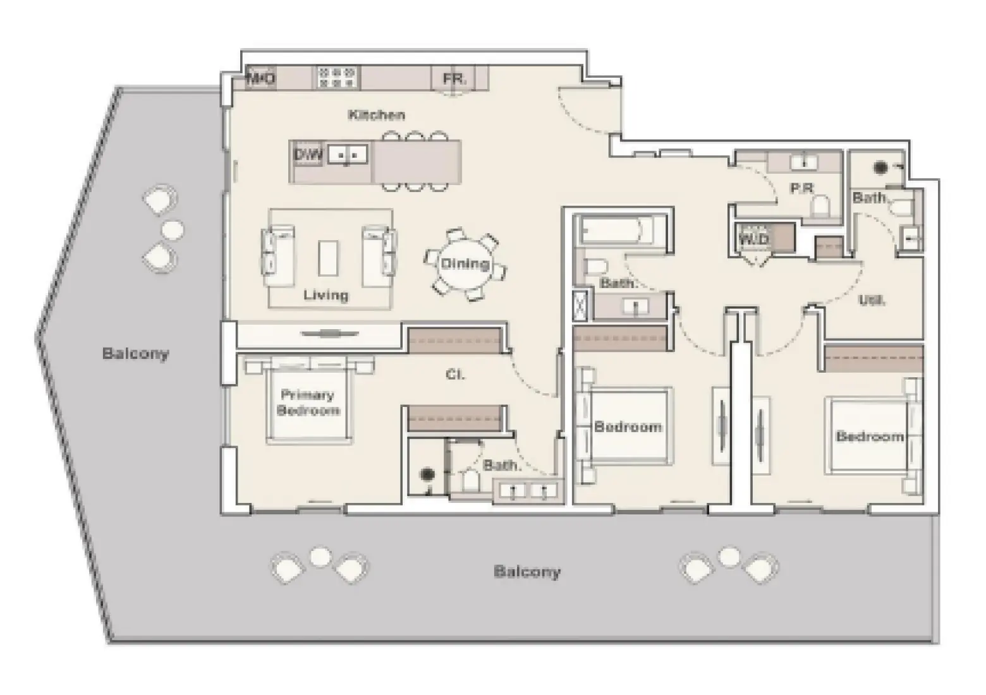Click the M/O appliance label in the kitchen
tap(260, 79)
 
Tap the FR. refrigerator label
tap(454, 80)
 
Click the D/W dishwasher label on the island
tap(308, 155)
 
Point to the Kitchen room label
tap(377, 115)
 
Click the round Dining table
tap(465, 264)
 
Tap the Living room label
tap(326, 295)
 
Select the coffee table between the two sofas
tap(328, 257)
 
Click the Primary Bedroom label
tap(308, 402)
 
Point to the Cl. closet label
tap(455, 375)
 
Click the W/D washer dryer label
tap(754, 239)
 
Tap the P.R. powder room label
tap(801, 188)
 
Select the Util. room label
tap(872, 300)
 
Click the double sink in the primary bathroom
tap(528, 490)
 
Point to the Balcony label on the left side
tap(135, 353)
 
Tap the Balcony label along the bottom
tap(526, 572)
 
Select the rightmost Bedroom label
tap(870, 436)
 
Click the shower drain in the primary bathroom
tap(428, 474)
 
